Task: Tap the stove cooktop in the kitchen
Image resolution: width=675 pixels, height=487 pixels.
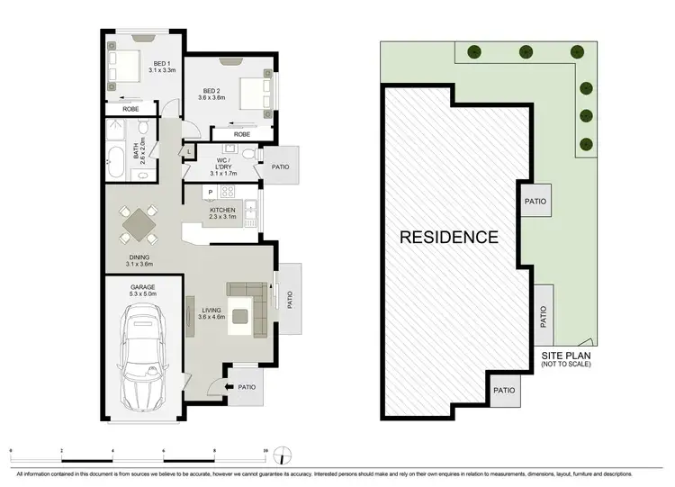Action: coord(227,192)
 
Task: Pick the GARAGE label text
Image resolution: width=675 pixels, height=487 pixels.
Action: coord(142,289)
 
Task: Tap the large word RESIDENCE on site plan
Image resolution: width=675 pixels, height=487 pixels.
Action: coord(449,238)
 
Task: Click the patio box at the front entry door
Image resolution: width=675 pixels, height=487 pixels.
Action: coord(246,388)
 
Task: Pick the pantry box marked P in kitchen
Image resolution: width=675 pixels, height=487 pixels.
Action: coord(210,192)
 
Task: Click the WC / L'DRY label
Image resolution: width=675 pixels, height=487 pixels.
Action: coord(221,167)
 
